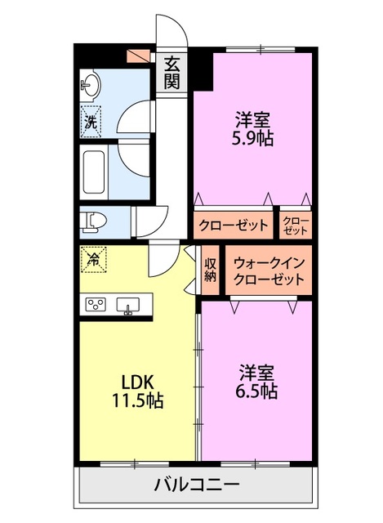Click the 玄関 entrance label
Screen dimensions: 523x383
[x=171, y=72]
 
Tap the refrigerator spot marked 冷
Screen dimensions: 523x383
[x=93, y=261]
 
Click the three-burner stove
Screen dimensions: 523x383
[x=96, y=305]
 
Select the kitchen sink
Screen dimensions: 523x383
[x=128, y=306]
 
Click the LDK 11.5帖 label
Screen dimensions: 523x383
[x=138, y=391]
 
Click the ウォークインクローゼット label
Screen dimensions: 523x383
[x=269, y=270]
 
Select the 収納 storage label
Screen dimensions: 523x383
[x=210, y=270]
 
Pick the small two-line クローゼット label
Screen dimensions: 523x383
[x=296, y=225]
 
